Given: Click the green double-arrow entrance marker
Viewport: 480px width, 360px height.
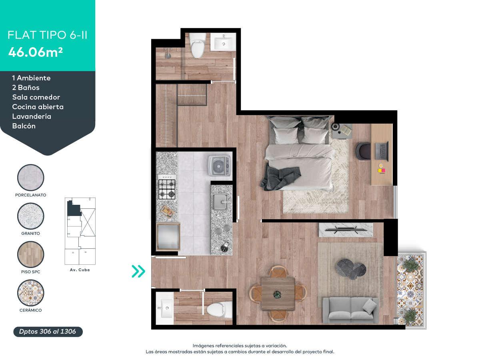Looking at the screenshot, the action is coord(138,271).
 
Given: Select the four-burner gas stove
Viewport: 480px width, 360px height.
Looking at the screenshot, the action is coord(167,187).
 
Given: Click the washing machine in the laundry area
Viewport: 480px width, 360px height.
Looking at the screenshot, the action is coord(219,166).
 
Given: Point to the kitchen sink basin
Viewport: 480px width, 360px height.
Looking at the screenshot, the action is coord(220,202).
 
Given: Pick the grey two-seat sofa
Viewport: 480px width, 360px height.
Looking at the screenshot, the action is coord(350,310).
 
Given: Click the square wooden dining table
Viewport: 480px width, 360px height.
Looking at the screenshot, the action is coord(278,294).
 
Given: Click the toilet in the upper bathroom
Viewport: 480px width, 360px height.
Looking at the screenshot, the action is coord(198,46).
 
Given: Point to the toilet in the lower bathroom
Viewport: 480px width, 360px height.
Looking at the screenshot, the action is coord(220,310).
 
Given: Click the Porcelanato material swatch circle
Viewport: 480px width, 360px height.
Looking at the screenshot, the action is coord(31,178).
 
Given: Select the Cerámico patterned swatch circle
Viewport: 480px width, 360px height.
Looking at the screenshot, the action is coord(31,293).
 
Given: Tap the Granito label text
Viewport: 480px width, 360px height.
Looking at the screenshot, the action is coord(31,233).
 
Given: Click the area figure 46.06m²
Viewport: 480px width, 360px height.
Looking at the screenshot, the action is coord(36,52).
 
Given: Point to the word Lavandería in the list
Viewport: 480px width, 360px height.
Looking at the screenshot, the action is coord(32,116).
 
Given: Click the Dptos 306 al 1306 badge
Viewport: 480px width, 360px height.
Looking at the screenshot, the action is coord(48,332).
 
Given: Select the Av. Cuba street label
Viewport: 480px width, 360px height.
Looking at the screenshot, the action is coord(80,270).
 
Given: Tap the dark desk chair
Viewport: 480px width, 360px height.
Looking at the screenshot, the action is coord(363,151).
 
